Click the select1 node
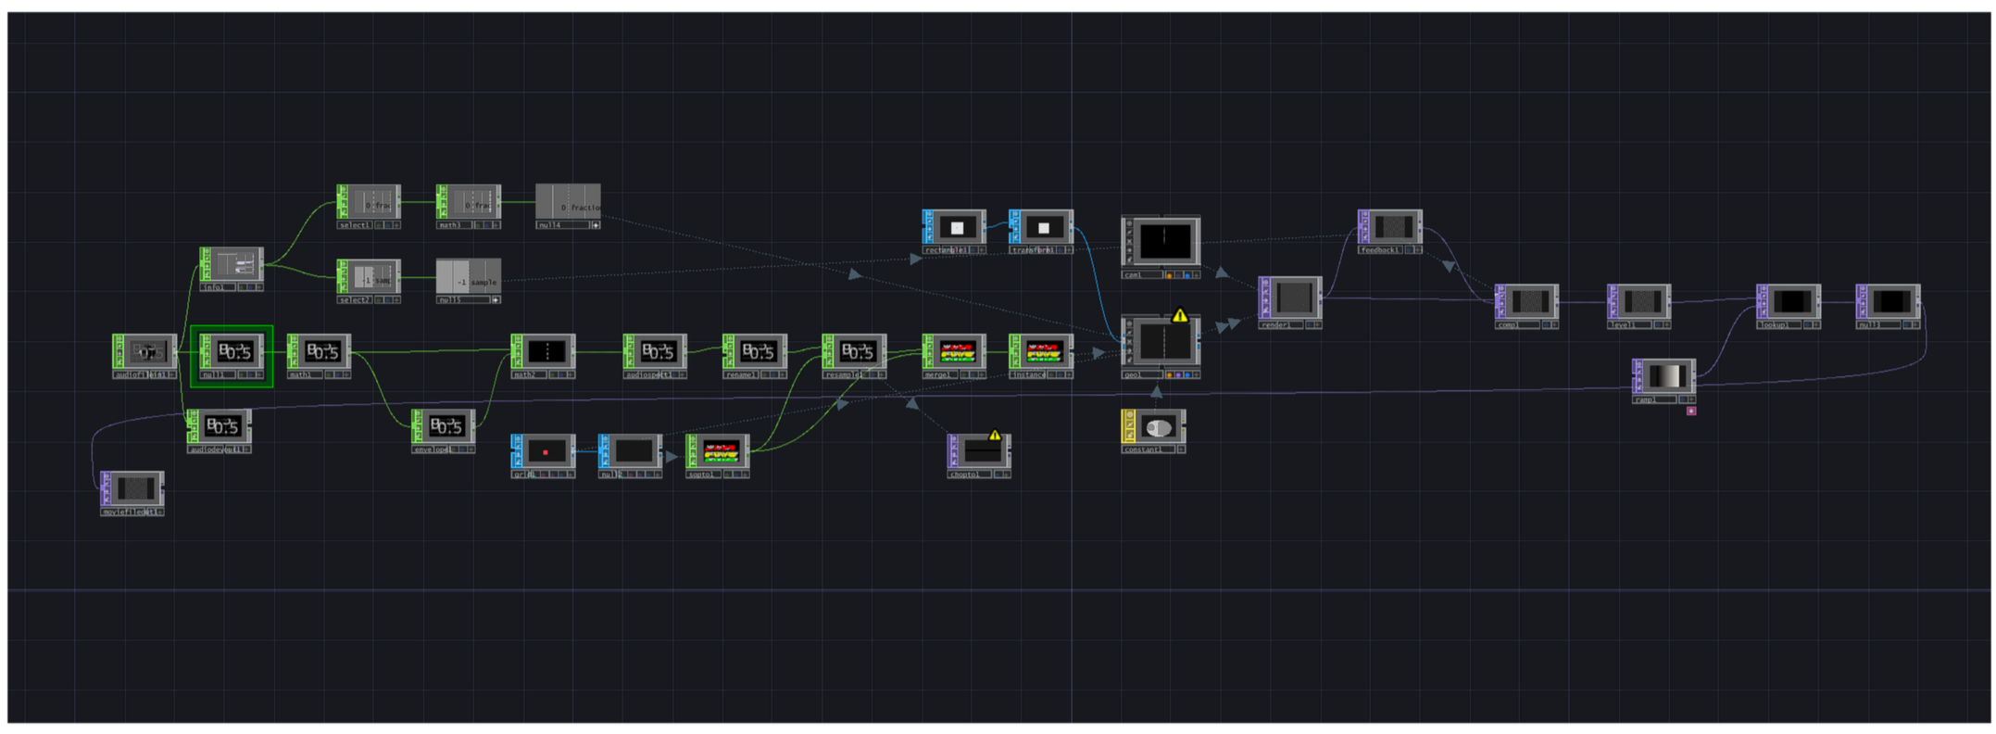(x=369, y=202)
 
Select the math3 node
(x=469, y=202)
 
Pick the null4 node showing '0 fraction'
(x=568, y=202)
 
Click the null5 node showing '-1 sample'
(x=469, y=277)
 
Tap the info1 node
(x=232, y=265)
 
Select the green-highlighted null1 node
(x=232, y=352)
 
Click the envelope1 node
(x=444, y=426)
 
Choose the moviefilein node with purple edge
(x=132, y=488)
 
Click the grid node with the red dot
(x=544, y=451)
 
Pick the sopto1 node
(x=718, y=451)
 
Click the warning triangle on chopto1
(x=995, y=435)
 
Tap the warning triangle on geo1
(x=1180, y=315)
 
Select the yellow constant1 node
(x=1154, y=427)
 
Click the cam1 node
(x=1161, y=241)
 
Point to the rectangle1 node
(x=955, y=227)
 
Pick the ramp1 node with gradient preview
(x=1664, y=376)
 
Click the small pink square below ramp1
(x=1691, y=411)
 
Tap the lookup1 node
(x=1789, y=302)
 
